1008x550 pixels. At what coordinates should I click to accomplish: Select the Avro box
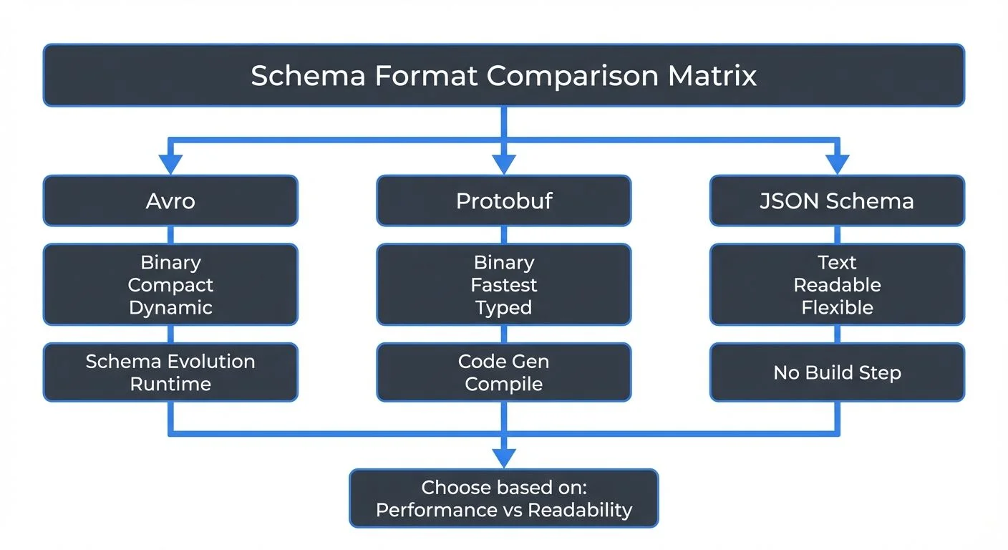pyautogui.click(x=170, y=201)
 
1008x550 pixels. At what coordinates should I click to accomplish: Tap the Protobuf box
pyautogui.click(x=504, y=201)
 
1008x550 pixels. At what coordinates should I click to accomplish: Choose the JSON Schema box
pyautogui.click(x=837, y=201)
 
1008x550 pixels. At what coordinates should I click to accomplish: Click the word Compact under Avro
pyautogui.click(x=170, y=285)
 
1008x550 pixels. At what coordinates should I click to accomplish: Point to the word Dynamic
pyautogui.click(x=170, y=308)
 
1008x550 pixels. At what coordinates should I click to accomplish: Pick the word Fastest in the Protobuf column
pyautogui.click(x=504, y=285)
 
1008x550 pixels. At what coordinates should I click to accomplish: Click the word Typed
pyautogui.click(x=504, y=308)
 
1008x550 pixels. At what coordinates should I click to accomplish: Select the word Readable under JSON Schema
pyautogui.click(x=837, y=285)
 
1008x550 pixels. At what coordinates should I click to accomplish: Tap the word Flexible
pyautogui.click(x=837, y=308)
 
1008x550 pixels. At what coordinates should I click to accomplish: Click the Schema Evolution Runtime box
pyautogui.click(x=170, y=372)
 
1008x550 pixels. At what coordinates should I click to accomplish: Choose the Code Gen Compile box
pyautogui.click(x=504, y=372)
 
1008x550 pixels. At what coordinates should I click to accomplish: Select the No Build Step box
pyautogui.click(x=837, y=372)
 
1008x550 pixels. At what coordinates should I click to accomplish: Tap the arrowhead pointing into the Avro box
pyautogui.click(x=170, y=165)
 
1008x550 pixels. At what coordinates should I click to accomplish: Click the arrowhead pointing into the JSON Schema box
pyautogui.click(x=837, y=165)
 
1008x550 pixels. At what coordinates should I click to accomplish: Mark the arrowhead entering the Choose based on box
pyautogui.click(x=504, y=458)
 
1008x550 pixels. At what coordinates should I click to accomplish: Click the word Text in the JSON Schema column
pyautogui.click(x=837, y=262)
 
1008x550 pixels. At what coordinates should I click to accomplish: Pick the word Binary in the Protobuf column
pyautogui.click(x=504, y=262)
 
